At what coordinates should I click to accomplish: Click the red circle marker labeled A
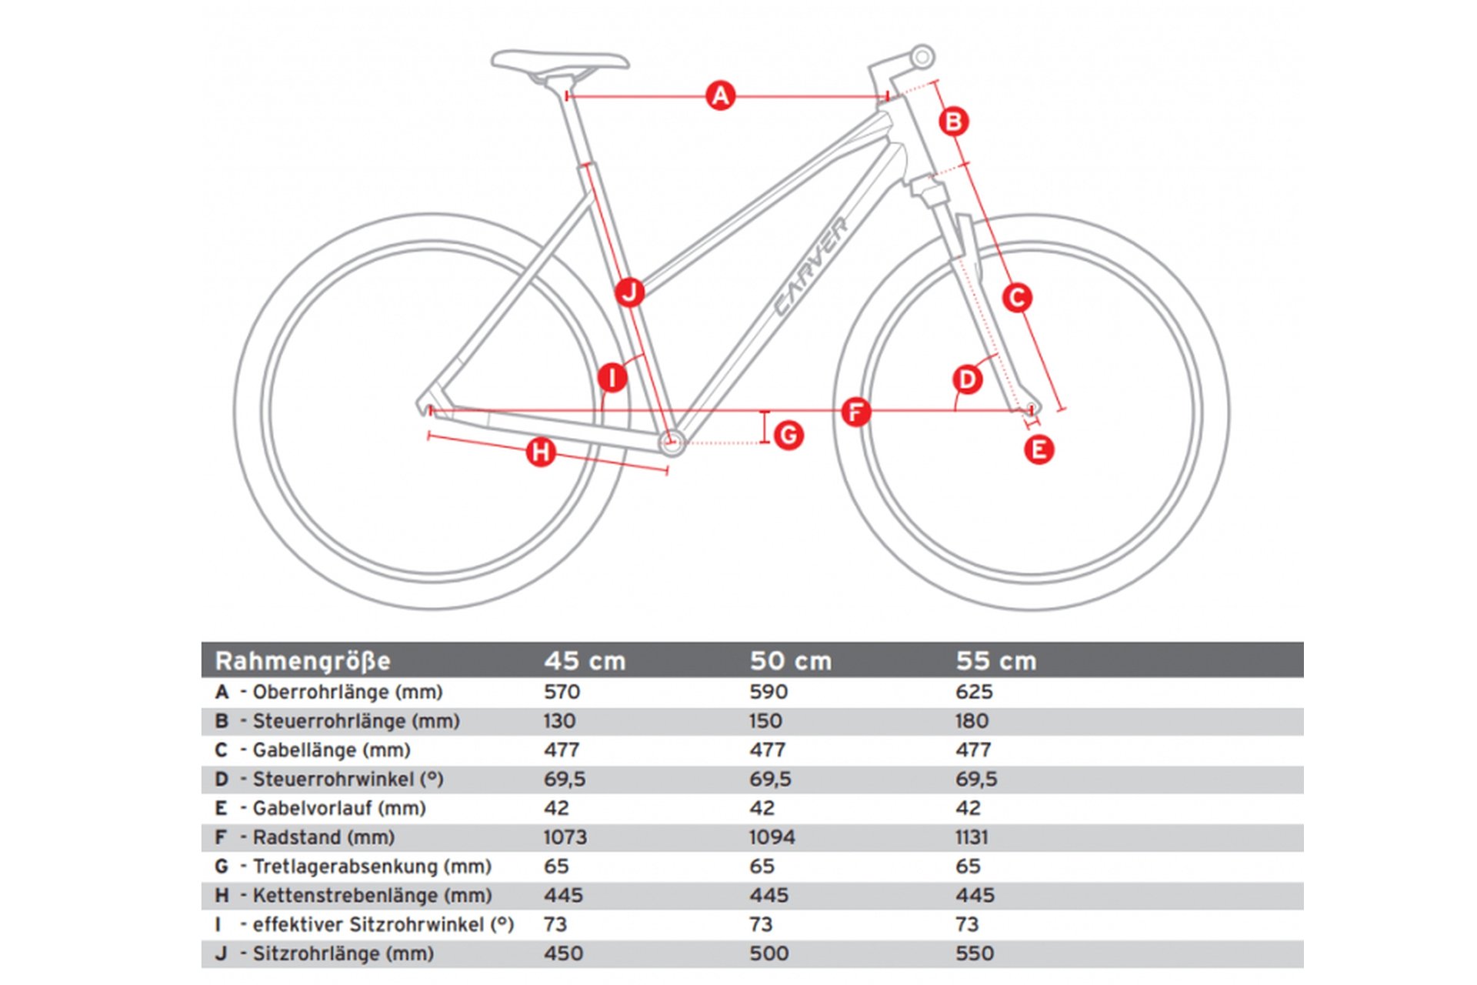click(x=720, y=96)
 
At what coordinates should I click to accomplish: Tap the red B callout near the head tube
click(x=953, y=122)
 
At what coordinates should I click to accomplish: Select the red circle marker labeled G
click(x=789, y=436)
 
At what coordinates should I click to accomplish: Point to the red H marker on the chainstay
click(x=541, y=452)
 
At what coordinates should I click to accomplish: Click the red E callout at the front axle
click(x=1039, y=449)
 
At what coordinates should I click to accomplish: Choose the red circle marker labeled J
click(x=629, y=292)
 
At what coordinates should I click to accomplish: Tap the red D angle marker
click(x=967, y=379)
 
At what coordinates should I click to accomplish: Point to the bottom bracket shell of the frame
click(x=672, y=442)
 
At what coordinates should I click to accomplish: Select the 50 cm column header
click(x=790, y=661)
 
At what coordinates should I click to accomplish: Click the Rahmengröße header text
click(x=302, y=661)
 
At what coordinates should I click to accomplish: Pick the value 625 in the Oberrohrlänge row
click(x=973, y=692)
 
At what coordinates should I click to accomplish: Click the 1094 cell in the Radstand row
click(x=772, y=837)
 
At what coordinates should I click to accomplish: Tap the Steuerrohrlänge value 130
click(x=559, y=721)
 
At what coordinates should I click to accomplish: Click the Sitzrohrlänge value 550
click(x=974, y=953)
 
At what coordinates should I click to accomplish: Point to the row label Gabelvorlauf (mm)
click(x=338, y=808)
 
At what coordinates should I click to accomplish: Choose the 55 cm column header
click(x=995, y=661)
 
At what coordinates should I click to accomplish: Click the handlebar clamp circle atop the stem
click(x=922, y=57)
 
